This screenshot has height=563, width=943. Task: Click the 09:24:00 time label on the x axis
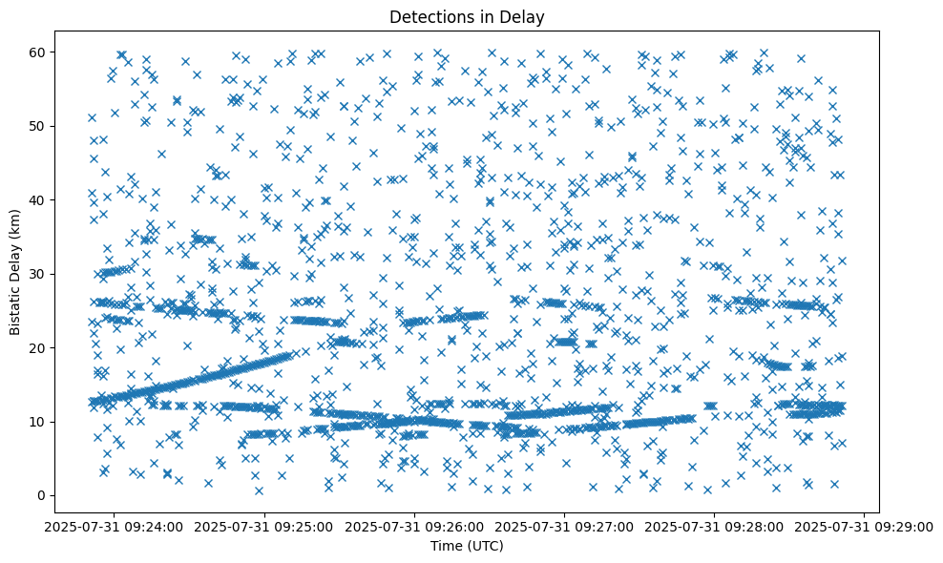(115, 526)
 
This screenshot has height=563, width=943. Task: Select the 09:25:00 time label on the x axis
(265, 526)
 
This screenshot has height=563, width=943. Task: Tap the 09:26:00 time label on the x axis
(415, 526)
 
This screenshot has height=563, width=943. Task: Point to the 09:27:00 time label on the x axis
(565, 526)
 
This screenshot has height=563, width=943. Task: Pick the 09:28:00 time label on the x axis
(715, 526)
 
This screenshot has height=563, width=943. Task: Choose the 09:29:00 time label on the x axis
(865, 526)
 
